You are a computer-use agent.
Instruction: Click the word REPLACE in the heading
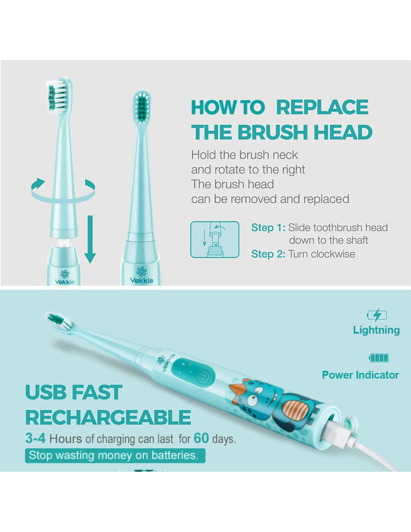point(322,107)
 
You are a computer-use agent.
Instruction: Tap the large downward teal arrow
point(90,239)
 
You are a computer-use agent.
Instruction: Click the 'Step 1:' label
point(268,228)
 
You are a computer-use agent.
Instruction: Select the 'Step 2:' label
point(268,254)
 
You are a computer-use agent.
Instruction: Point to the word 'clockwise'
point(333,254)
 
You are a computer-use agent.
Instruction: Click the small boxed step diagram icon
point(215,239)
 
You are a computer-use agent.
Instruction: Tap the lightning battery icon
point(377,315)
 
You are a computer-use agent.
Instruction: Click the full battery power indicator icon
point(378,358)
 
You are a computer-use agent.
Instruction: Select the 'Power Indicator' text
point(361,375)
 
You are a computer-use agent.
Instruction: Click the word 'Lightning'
point(377,330)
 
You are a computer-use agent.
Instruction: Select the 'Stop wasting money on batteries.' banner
point(115,455)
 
